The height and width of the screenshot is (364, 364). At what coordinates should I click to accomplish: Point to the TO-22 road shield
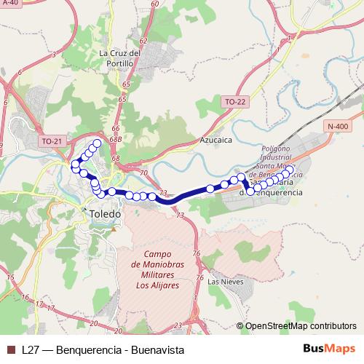tap(235, 102)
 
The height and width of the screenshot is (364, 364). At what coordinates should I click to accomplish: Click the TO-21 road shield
tap(52, 141)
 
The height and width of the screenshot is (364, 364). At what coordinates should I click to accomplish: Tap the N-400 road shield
tap(337, 126)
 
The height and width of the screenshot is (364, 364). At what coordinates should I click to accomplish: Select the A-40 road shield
tap(9, 3)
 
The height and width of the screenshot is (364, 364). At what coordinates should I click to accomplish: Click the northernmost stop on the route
tap(98, 143)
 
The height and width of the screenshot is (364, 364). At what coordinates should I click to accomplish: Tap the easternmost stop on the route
tap(290, 170)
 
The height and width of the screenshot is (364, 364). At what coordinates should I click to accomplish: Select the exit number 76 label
tap(196, 253)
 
